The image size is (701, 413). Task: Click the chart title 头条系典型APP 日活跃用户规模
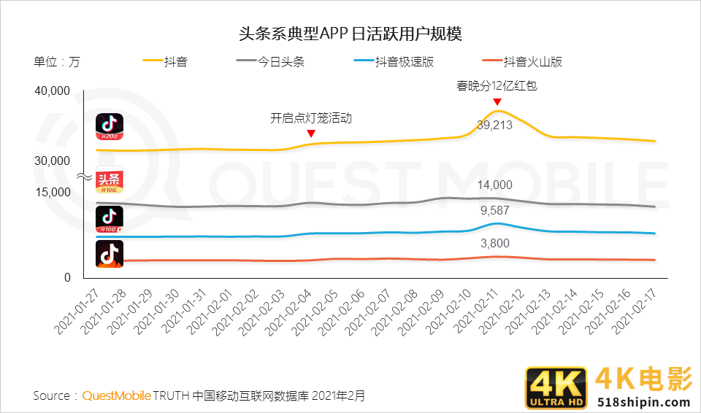pos(350,34)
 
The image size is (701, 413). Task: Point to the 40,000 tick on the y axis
pos(51,91)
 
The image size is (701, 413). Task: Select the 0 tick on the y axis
pos(67,278)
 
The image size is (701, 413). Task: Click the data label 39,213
pos(494,125)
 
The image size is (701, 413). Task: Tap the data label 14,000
pos(494,185)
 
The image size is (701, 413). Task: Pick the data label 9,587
pos(494,212)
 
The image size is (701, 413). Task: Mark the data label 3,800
pos(494,244)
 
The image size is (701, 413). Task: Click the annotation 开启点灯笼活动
pos(311,117)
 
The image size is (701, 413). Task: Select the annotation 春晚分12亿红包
pos(497,85)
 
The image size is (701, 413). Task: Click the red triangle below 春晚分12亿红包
pos(497,101)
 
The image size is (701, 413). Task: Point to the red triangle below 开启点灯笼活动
pos(311,134)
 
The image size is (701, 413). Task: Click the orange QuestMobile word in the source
pos(116,395)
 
